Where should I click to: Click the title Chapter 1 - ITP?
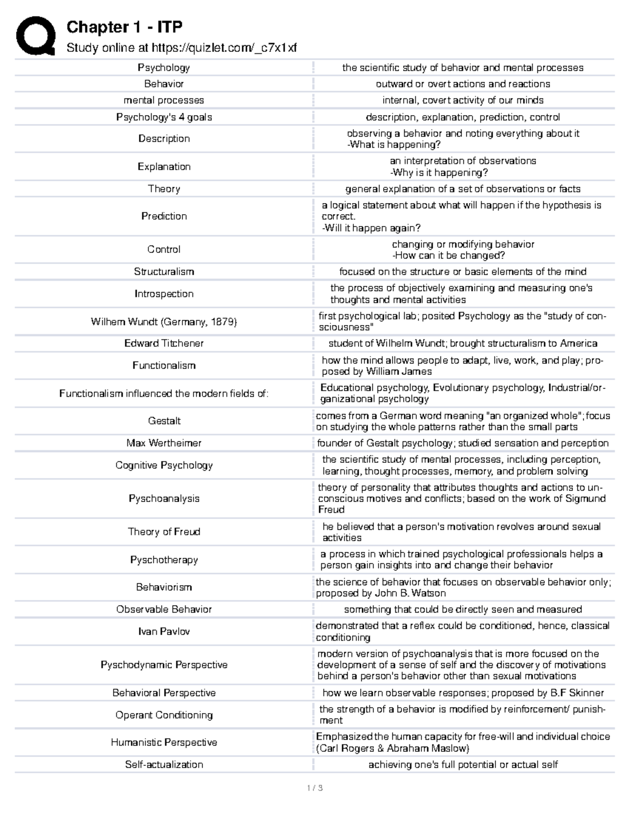(124, 27)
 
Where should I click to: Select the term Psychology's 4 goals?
(164, 117)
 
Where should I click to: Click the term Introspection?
(164, 294)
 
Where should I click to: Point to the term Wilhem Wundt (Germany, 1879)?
(164, 322)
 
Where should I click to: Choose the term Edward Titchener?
(164, 343)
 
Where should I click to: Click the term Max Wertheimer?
(164, 443)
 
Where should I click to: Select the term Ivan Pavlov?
(164, 631)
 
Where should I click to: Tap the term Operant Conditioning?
(164, 715)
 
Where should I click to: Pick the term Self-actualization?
(164, 764)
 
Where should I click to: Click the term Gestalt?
(164, 421)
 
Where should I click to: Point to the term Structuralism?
(164, 271)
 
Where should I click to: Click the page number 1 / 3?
(314, 787)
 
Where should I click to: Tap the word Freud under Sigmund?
(331, 509)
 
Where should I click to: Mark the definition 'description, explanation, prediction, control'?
(463, 117)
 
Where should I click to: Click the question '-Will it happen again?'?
(371, 228)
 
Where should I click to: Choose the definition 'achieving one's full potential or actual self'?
(463, 764)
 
